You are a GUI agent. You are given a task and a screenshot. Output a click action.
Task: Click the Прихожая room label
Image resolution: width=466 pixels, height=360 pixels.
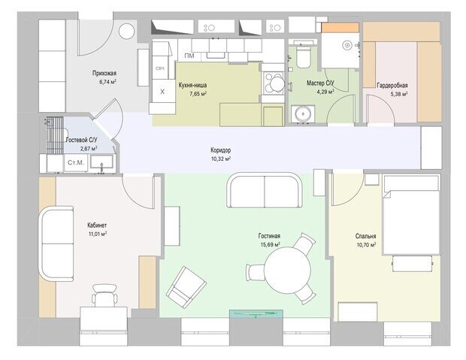pyautogui.click(x=104, y=73)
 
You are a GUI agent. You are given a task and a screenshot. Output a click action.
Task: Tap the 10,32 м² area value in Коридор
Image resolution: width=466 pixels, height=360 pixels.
pyautogui.click(x=221, y=159)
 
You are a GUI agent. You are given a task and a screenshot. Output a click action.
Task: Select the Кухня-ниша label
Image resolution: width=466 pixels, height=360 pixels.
pyautogui.click(x=192, y=86)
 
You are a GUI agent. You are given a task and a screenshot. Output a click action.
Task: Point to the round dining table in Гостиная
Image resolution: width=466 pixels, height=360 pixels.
pyautogui.click(x=287, y=271)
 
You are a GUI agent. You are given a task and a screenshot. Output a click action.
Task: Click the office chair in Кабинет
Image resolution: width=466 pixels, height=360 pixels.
pyautogui.click(x=104, y=295)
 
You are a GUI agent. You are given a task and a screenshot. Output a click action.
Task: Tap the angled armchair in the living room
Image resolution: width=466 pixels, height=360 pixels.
pyautogui.click(x=186, y=287)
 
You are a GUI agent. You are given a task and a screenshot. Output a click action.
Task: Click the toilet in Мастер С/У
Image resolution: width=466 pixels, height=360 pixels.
pyautogui.click(x=304, y=56)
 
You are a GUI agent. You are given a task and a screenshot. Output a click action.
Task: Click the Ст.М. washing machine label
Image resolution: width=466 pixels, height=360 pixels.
pyautogui.click(x=76, y=162)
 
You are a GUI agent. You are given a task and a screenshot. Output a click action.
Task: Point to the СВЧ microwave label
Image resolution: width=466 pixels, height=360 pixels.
pyautogui.click(x=161, y=68)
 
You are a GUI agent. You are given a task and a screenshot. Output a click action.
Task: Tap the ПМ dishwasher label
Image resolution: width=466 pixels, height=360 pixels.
pyautogui.click(x=189, y=56)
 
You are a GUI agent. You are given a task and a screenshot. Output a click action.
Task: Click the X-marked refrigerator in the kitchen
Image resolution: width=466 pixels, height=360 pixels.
pyautogui.click(x=162, y=92)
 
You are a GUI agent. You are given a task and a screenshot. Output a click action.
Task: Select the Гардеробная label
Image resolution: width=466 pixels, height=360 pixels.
pyautogui.click(x=392, y=86)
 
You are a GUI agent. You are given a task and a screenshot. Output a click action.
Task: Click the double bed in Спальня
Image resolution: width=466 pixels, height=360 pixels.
pyautogui.click(x=411, y=215)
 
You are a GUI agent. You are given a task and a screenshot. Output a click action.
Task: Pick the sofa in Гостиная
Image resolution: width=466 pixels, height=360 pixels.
pyautogui.click(x=265, y=190)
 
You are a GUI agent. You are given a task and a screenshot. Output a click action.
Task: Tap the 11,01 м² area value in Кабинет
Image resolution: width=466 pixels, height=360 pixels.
pyautogui.click(x=98, y=234)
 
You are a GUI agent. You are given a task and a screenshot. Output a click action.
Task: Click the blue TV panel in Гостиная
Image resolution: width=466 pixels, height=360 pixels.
pyautogui.click(x=256, y=314)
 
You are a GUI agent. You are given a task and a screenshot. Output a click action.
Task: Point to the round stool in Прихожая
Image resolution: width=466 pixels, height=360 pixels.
pyautogui.click(x=127, y=31)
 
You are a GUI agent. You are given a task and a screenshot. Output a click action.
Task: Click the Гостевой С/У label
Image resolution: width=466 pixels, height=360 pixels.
pyautogui.click(x=81, y=140)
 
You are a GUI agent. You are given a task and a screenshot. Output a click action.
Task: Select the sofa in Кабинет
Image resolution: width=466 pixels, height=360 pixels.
pyautogui.click(x=56, y=244)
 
